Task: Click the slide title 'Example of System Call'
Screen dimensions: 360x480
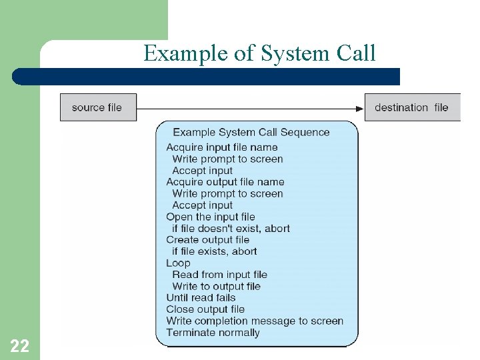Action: [x=259, y=53]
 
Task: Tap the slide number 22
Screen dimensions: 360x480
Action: [x=19, y=345]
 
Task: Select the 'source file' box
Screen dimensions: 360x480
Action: [x=98, y=107]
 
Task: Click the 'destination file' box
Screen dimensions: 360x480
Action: [x=411, y=107]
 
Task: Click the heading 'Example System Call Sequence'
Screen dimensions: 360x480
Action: [x=251, y=132]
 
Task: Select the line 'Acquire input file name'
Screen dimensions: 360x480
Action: [x=222, y=147]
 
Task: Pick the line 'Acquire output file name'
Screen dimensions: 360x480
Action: [x=225, y=182]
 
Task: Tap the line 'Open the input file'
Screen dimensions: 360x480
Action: [x=211, y=217]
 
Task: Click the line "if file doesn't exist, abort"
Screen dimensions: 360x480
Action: [x=231, y=228]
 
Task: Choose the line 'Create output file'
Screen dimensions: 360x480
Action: [x=208, y=239]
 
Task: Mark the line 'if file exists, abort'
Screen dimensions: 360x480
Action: [x=214, y=251]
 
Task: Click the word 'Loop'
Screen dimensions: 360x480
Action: [x=178, y=263]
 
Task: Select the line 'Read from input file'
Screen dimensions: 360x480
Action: [x=219, y=275]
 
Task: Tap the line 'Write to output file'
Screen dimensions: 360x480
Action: [x=216, y=286]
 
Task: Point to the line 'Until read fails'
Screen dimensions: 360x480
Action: [x=201, y=297]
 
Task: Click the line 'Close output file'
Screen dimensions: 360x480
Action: [x=205, y=309]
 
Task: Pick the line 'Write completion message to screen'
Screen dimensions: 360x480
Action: [x=255, y=321]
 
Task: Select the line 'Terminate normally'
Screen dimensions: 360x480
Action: [x=213, y=333]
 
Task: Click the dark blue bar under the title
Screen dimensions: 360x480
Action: [x=207, y=77]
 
